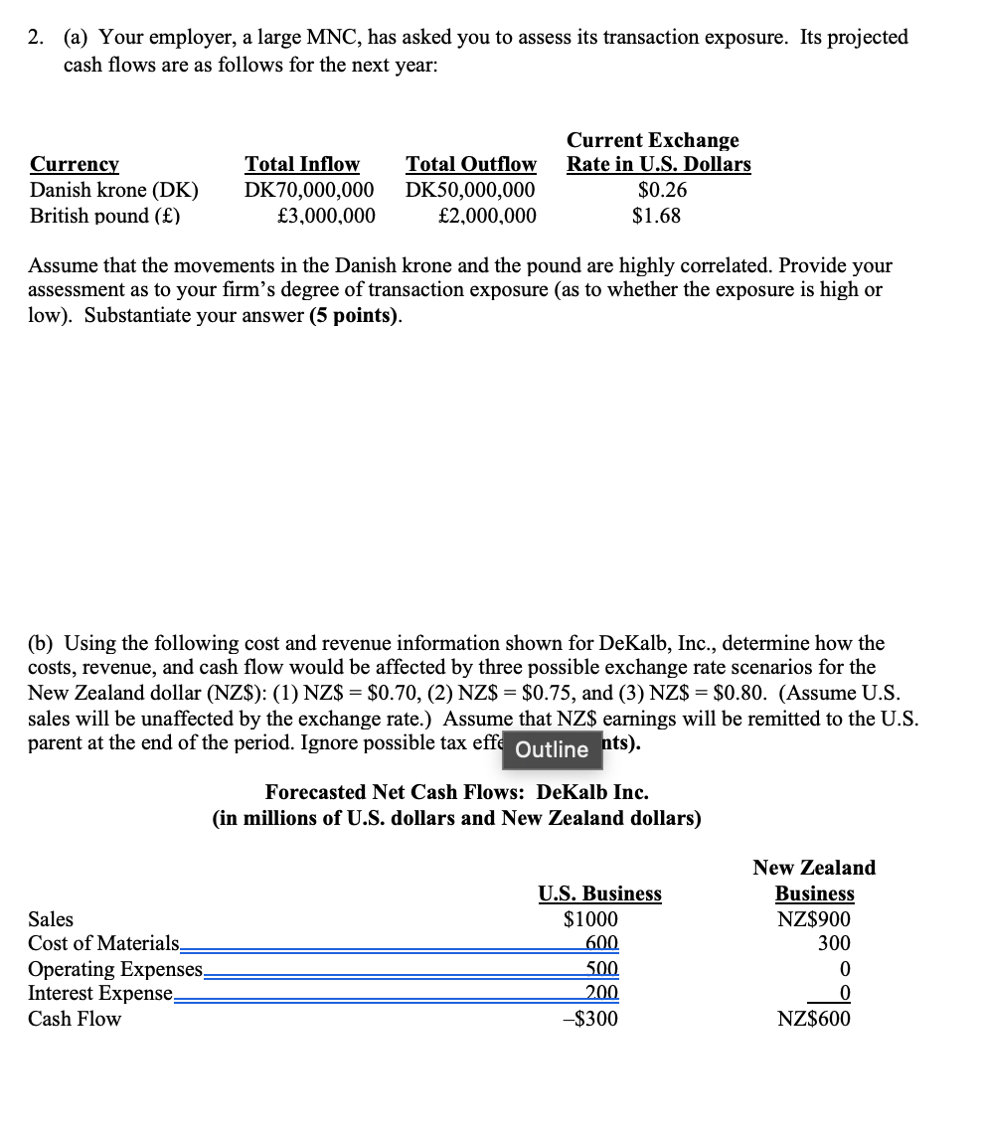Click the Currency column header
pyautogui.click(x=75, y=164)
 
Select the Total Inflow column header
pyautogui.click(x=302, y=164)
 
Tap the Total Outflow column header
pyautogui.click(x=470, y=164)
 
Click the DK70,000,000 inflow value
pyautogui.click(x=309, y=190)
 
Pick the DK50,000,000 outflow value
pyautogui.click(x=470, y=190)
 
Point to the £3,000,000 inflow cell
pyautogui.click(x=326, y=216)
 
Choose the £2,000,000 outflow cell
pyautogui.click(x=486, y=216)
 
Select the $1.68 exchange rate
pyautogui.click(x=656, y=216)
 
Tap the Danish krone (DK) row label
pyautogui.click(x=113, y=190)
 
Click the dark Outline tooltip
pyautogui.click(x=553, y=749)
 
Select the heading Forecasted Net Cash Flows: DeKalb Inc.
pyautogui.click(x=456, y=792)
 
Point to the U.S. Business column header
pyautogui.click(x=599, y=893)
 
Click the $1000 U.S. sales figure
pyautogui.click(x=590, y=919)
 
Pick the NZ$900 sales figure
pyautogui.click(x=814, y=919)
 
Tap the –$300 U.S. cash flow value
pyautogui.click(x=590, y=1019)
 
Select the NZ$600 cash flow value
pyautogui.click(x=814, y=1019)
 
